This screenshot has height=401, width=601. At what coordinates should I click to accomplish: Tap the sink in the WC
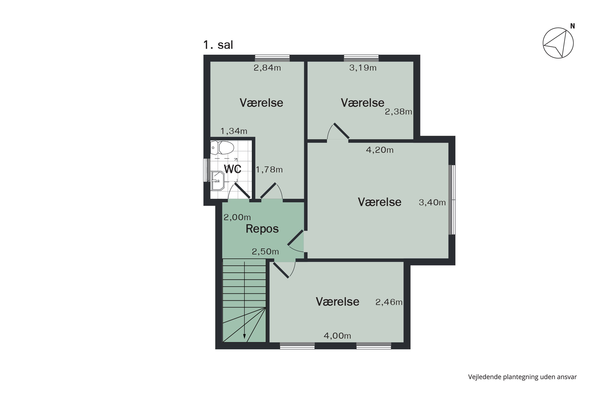[x=217, y=181]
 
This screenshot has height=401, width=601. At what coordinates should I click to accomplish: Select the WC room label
[x=233, y=169]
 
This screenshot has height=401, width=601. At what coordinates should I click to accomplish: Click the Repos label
[x=262, y=229]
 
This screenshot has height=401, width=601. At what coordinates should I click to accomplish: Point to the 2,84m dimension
[x=267, y=68]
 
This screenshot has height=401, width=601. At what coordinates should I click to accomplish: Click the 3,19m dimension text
[x=363, y=68]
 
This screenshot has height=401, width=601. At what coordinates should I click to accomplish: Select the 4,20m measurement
[x=379, y=150]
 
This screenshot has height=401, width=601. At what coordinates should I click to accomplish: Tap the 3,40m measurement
[x=432, y=203]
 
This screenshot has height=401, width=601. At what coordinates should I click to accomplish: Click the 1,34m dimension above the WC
[x=234, y=131]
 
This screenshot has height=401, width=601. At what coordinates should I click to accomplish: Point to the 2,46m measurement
[x=389, y=302]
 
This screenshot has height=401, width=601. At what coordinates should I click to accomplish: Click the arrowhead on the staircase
[x=244, y=337]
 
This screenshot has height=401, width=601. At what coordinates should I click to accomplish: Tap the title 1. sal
[x=218, y=45]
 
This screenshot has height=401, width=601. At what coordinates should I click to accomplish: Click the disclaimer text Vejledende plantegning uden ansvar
[x=522, y=377]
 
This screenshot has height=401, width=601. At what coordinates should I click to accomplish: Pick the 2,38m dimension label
[x=398, y=112]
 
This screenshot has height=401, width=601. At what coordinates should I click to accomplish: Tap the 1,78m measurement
[x=269, y=170]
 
